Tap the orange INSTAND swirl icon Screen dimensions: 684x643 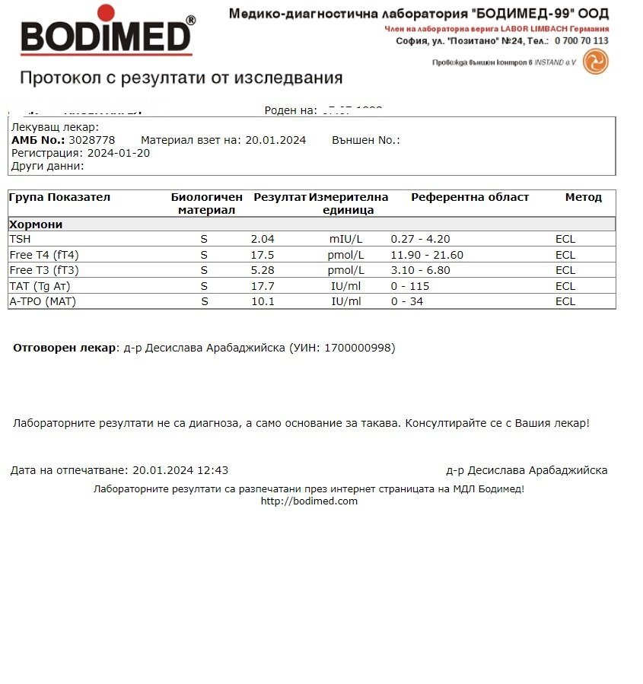coord(595,62)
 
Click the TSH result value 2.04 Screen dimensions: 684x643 coord(263,239)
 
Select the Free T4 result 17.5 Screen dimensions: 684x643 coord(263,255)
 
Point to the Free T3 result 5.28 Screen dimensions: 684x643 coord(263,270)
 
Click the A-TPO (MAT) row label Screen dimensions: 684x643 coord(43,301)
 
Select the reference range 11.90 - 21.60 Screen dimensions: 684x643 coord(427,255)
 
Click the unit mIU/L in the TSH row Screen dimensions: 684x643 coord(345,239)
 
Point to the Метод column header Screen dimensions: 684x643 coord(583,197)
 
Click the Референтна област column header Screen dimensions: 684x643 coord(470,197)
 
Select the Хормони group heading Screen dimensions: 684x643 coord(36,224)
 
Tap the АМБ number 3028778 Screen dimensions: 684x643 coord(91,140)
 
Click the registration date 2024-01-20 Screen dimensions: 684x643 coord(119,152)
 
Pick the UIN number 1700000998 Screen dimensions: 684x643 coord(359,348)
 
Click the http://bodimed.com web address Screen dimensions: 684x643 coord(309,501)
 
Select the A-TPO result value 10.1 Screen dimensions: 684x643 coord(263,301)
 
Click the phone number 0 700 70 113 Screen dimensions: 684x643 coord(581,40)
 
